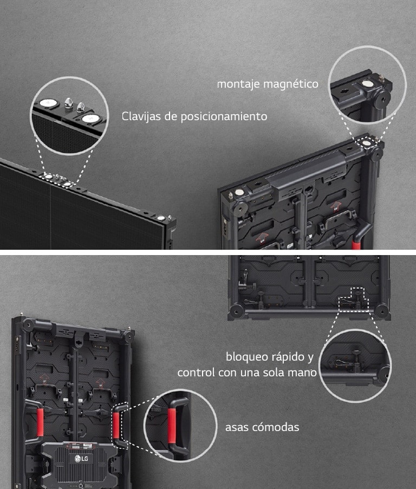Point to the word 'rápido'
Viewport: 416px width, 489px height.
[x=284, y=356]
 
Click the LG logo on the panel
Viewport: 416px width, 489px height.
[x=81, y=459]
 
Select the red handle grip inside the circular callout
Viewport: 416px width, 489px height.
[x=172, y=426]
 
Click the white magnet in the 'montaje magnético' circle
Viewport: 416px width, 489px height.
[x=368, y=83]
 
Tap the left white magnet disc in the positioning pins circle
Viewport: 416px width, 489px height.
[x=48, y=102]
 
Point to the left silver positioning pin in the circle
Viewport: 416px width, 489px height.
[x=68, y=102]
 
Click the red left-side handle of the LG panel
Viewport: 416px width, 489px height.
[x=40, y=422]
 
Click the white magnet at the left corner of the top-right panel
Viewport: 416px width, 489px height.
[x=239, y=192]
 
